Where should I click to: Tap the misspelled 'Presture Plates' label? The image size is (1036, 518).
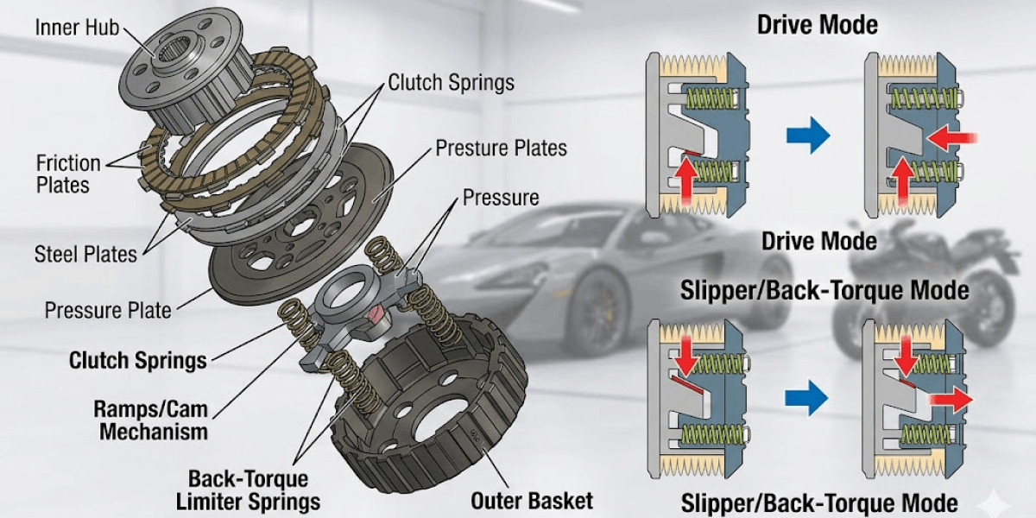[501, 148]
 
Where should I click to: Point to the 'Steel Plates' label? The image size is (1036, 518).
[85, 254]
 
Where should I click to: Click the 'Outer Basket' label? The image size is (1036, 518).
[532, 500]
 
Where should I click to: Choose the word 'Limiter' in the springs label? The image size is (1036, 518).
[215, 501]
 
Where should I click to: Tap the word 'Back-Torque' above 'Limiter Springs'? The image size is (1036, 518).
[248, 478]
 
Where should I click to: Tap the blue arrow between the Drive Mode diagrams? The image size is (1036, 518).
[808, 136]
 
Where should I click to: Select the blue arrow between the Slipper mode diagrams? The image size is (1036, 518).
[806, 398]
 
